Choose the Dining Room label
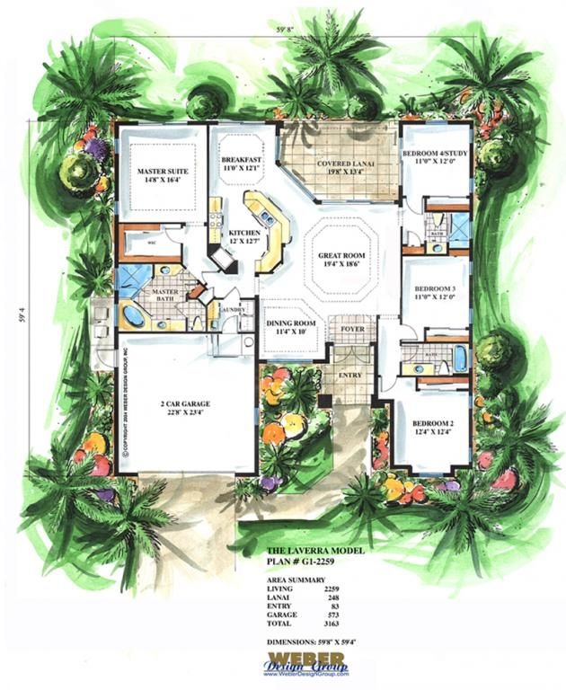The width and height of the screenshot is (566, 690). point(290,328)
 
